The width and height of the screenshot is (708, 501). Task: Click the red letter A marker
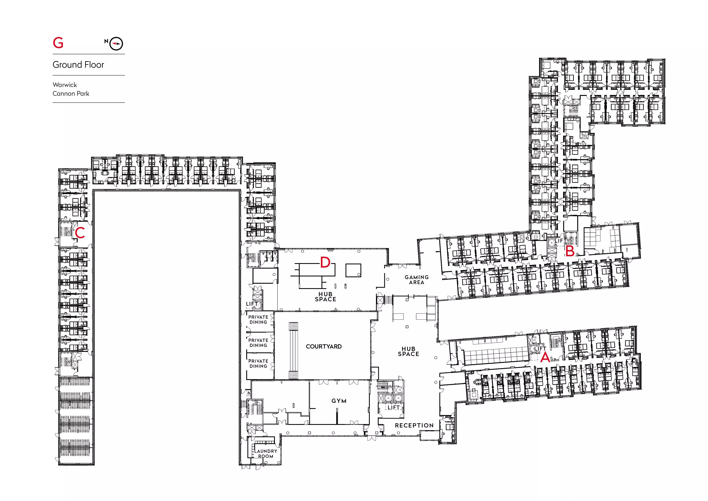(x=545, y=357)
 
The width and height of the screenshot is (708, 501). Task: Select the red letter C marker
(x=80, y=233)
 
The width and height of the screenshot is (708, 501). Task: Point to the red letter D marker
(x=325, y=263)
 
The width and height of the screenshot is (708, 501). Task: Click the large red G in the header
(x=58, y=43)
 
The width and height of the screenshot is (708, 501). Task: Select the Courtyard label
(x=324, y=347)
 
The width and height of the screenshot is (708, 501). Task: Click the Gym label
(x=339, y=401)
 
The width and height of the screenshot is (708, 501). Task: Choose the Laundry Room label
(x=266, y=454)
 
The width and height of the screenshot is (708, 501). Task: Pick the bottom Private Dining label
(x=258, y=363)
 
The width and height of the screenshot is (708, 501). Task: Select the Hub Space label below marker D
(x=326, y=297)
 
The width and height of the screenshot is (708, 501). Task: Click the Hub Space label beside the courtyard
(x=408, y=351)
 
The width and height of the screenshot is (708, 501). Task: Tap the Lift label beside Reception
(x=394, y=408)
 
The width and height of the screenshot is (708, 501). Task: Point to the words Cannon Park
(x=71, y=93)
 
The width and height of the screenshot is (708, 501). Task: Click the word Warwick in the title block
(x=65, y=85)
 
